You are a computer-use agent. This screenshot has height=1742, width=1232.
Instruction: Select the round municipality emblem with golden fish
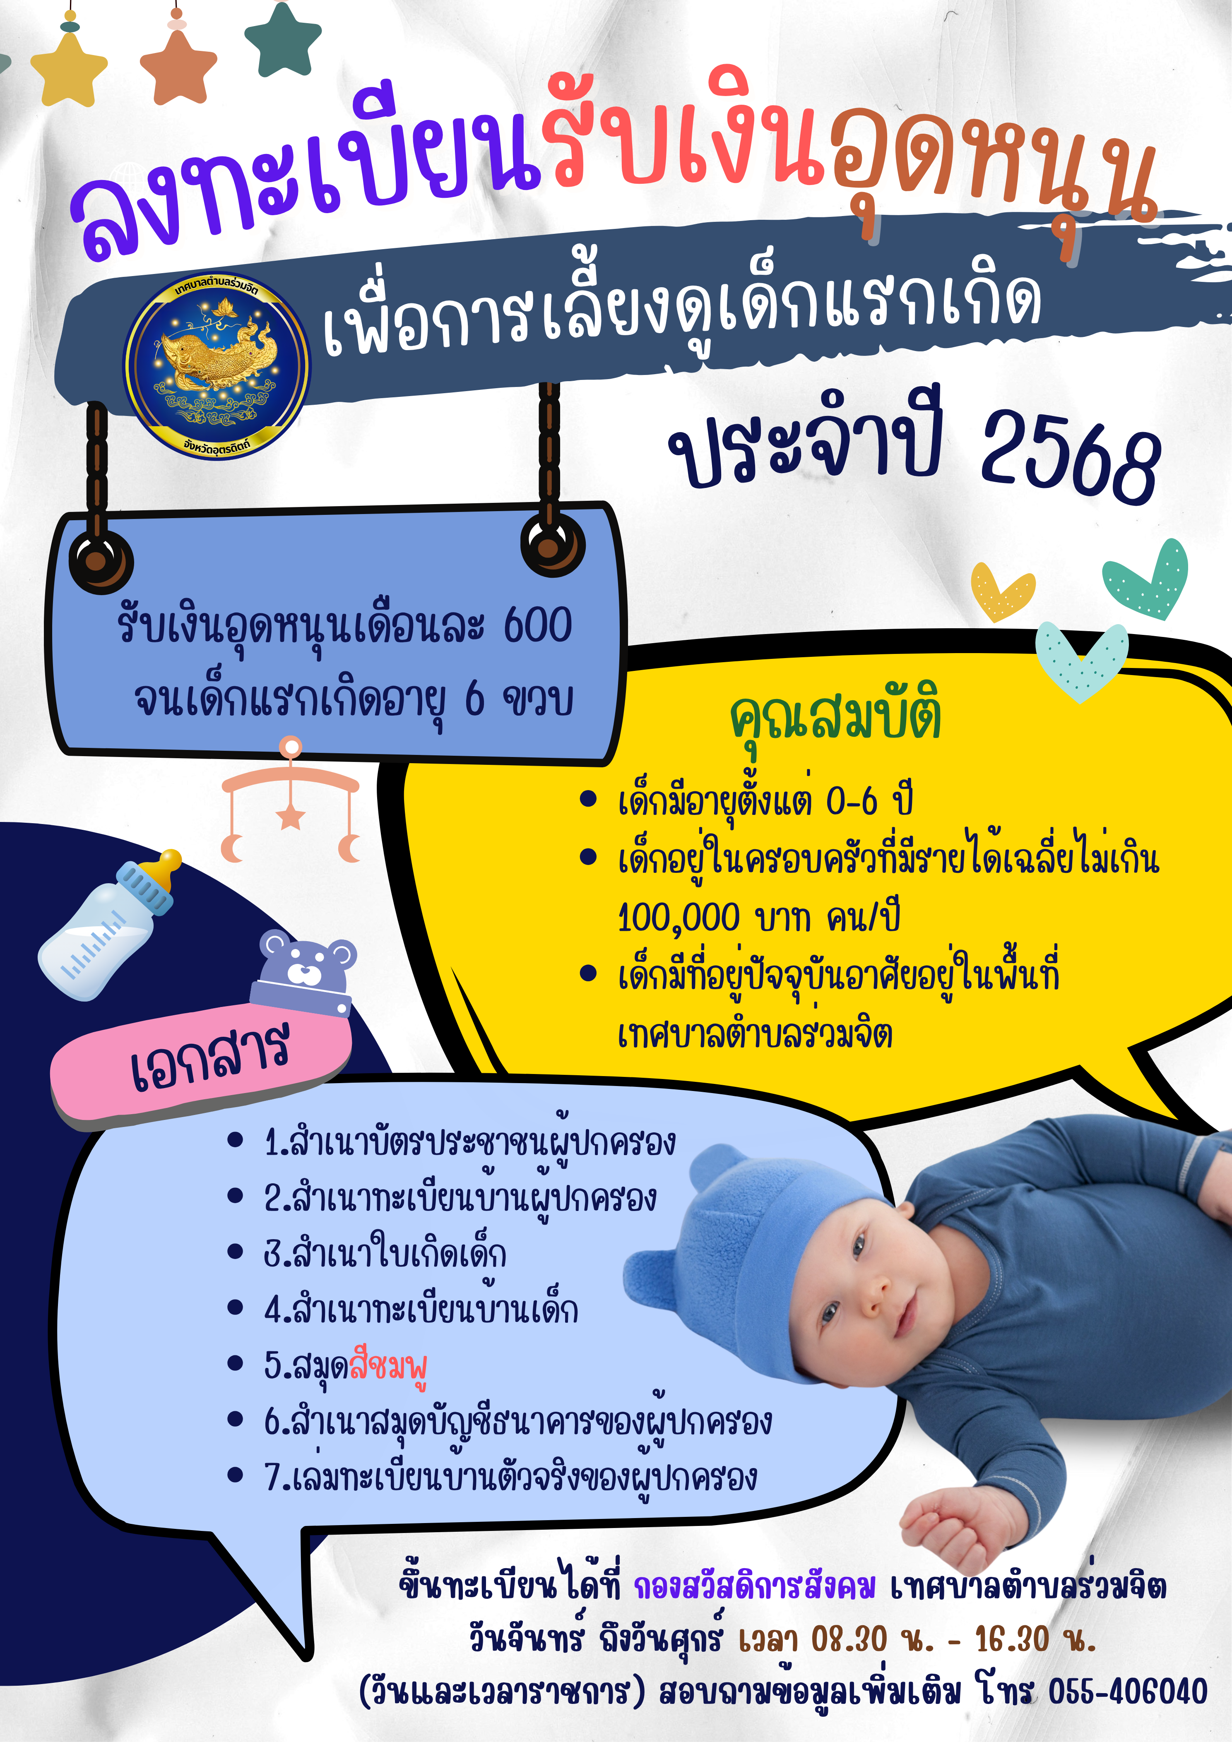click(x=217, y=366)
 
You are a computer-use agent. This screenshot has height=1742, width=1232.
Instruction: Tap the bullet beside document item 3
click(x=235, y=1253)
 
